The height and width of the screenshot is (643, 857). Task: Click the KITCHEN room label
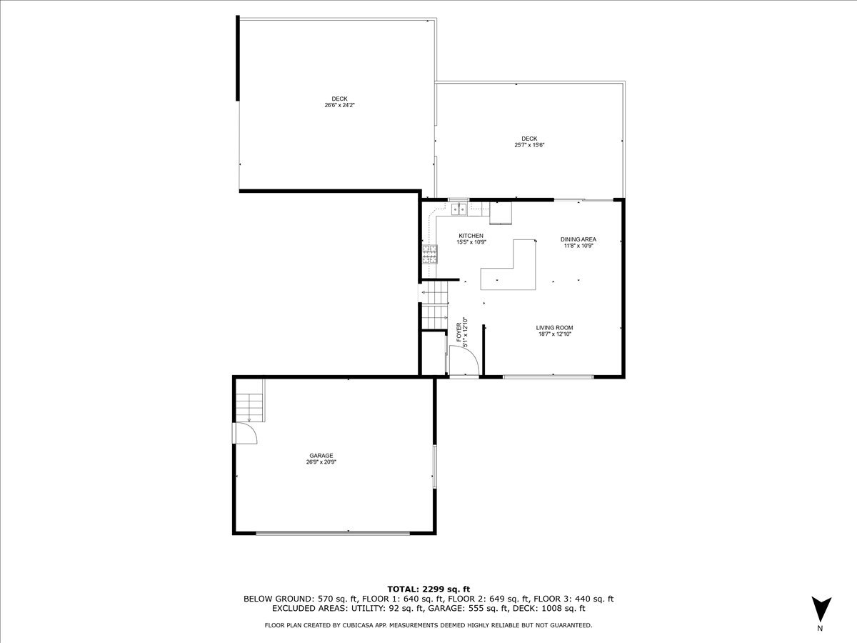[x=471, y=236]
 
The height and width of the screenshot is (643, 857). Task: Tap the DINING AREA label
[x=578, y=239]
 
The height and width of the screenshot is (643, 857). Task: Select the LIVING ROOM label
[x=554, y=328]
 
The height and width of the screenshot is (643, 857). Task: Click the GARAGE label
[x=321, y=456]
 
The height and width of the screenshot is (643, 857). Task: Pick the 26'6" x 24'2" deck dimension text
[x=339, y=105]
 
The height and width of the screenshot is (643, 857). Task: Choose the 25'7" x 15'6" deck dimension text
[x=529, y=145]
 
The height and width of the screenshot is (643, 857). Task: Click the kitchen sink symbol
[x=458, y=209]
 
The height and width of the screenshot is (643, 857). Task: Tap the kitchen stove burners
[x=429, y=254]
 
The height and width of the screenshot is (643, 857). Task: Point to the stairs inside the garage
[x=250, y=407]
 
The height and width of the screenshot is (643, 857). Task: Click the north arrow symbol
[x=821, y=609]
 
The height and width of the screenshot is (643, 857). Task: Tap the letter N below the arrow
[x=820, y=628]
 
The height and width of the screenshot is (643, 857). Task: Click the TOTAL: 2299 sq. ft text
[x=428, y=589]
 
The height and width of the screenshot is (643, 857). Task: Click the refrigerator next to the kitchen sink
[x=501, y=213]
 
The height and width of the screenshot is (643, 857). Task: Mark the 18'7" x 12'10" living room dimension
[x=554, y=334]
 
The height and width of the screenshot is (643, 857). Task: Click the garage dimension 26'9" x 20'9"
[x=321, y=462]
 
